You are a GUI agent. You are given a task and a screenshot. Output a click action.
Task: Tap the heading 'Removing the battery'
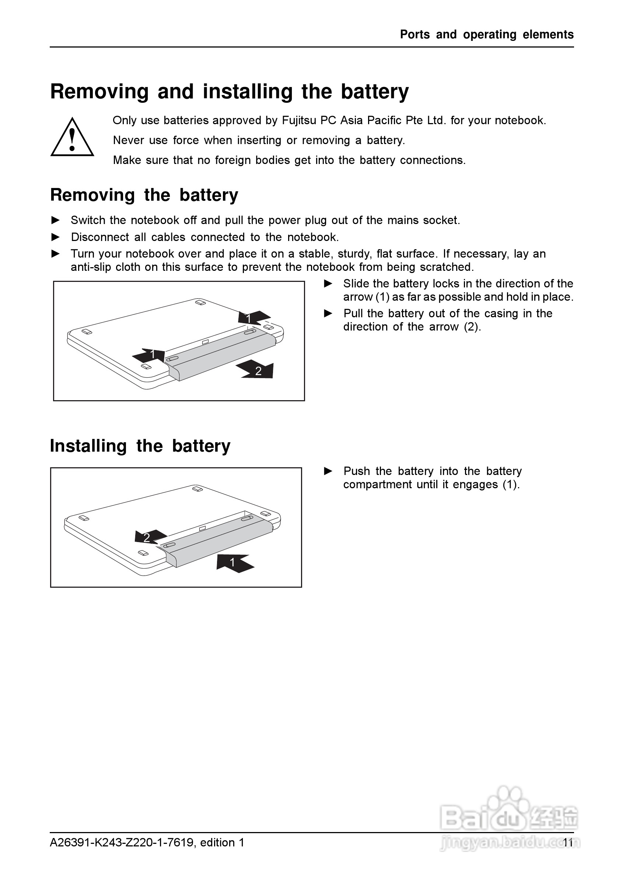[x=144, y=195]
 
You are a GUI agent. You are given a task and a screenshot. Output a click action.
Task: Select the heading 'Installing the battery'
[x=140, y=446]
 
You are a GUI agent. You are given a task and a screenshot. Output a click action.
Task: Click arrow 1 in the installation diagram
[x=234, y=563]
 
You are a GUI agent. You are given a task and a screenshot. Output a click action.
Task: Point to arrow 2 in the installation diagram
[x=150, y=537]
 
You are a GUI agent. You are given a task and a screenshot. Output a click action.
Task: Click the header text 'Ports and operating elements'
[x=486, y=35]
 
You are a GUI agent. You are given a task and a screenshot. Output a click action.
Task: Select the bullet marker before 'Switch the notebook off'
[x=56, y=220]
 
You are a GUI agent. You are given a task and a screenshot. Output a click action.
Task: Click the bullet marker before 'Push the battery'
[x=328, y=471]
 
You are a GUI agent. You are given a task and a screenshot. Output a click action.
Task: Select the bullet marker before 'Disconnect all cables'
[x=56, y=237]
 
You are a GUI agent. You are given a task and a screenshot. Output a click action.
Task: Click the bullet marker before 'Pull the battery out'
[x=328, y=314]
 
